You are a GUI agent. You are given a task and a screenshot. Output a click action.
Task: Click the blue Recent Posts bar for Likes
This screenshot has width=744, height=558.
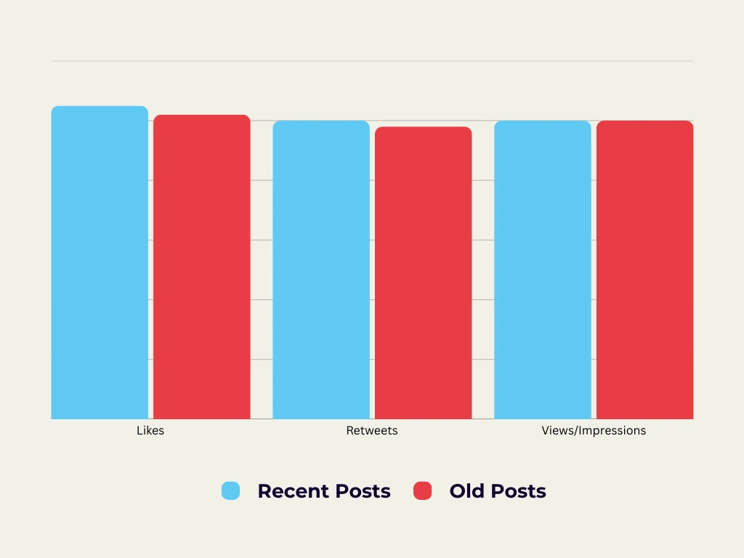coord(100,262)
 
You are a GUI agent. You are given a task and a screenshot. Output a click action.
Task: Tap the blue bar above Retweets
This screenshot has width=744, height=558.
coord(321,270)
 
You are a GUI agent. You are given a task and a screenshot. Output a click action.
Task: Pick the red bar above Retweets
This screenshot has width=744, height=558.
coord(424,272)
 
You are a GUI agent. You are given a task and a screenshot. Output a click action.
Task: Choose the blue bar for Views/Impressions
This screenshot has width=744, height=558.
coord(543,270)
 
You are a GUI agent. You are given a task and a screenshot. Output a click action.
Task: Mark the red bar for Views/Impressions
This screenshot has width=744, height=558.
coord(645,270)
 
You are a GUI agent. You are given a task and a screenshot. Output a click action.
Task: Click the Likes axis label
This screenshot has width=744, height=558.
coord(150,431)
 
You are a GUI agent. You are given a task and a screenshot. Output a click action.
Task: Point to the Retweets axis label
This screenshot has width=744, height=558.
coord(372,431)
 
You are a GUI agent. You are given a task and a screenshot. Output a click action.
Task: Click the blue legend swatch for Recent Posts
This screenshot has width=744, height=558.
coord(230,491)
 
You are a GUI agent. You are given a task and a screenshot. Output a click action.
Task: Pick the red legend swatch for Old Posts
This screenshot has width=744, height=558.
coord(422,491)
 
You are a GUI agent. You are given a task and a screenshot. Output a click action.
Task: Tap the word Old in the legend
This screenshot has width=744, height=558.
coord(466,492)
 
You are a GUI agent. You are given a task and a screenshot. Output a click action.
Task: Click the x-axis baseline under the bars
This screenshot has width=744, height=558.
coord(372,419)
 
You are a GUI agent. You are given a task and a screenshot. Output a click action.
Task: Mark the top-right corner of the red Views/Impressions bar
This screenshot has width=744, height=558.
coord(690,124)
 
